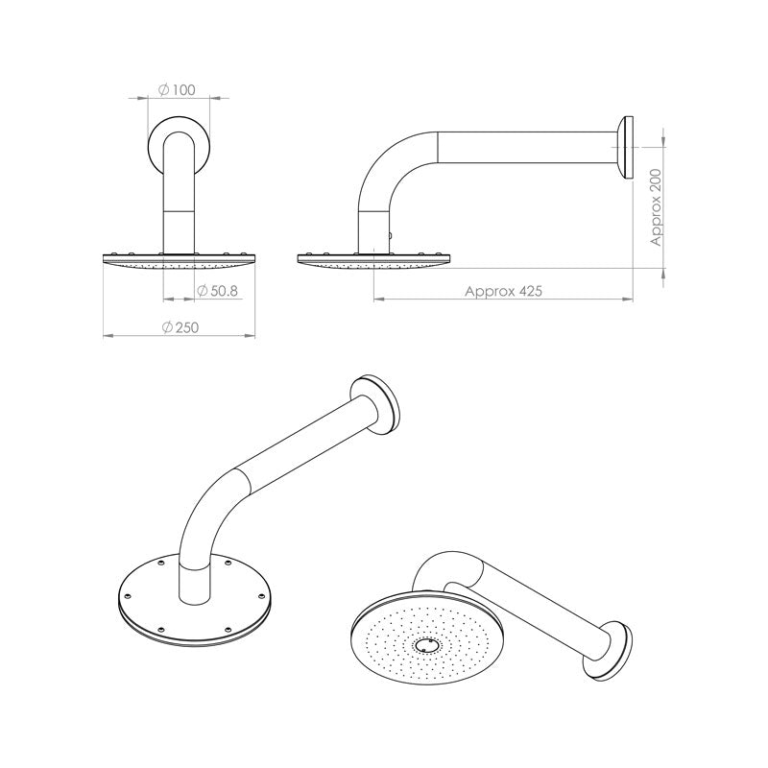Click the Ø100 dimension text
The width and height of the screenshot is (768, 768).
click(x=177, y=90)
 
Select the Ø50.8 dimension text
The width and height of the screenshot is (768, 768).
click(x=217, y=291)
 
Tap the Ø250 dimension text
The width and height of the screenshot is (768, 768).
click(x=180, y=327)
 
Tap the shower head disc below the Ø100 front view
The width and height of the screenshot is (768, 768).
click(x=179, y=260)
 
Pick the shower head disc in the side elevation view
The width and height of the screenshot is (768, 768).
click(x=374, y=260)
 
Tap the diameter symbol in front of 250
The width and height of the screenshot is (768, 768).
click(x=167, y=327)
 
